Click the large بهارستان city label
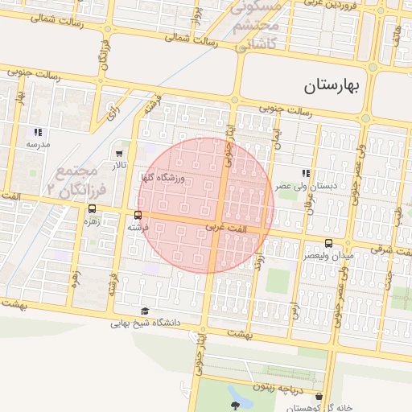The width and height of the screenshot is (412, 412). pyautogui.click(x=334, y=84)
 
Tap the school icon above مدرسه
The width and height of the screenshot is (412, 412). pyautogui.click(x=37, y=132)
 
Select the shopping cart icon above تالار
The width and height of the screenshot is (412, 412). pyautogui.click(x=120, y=153)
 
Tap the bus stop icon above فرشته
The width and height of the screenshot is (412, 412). pyautogui.click(x=138, y=215)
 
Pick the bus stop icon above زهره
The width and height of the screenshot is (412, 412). pyautogui.click(x=91, y=209)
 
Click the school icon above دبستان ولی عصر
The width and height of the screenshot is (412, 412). pyautogui.click(x=305, y=173)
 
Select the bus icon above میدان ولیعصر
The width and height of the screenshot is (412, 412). pyautogui.click(x=328, y=242)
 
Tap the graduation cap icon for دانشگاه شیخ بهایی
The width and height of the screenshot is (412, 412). pyautogui.click(x=145, y=311)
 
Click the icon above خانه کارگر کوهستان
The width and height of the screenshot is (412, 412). pyautogui.click(x=320, y=397)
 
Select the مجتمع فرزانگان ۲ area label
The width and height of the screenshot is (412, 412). pyautogui.click(x=74, y=179)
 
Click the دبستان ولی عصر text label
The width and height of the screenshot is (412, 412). pyautogui.click(x=304, y=186)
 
